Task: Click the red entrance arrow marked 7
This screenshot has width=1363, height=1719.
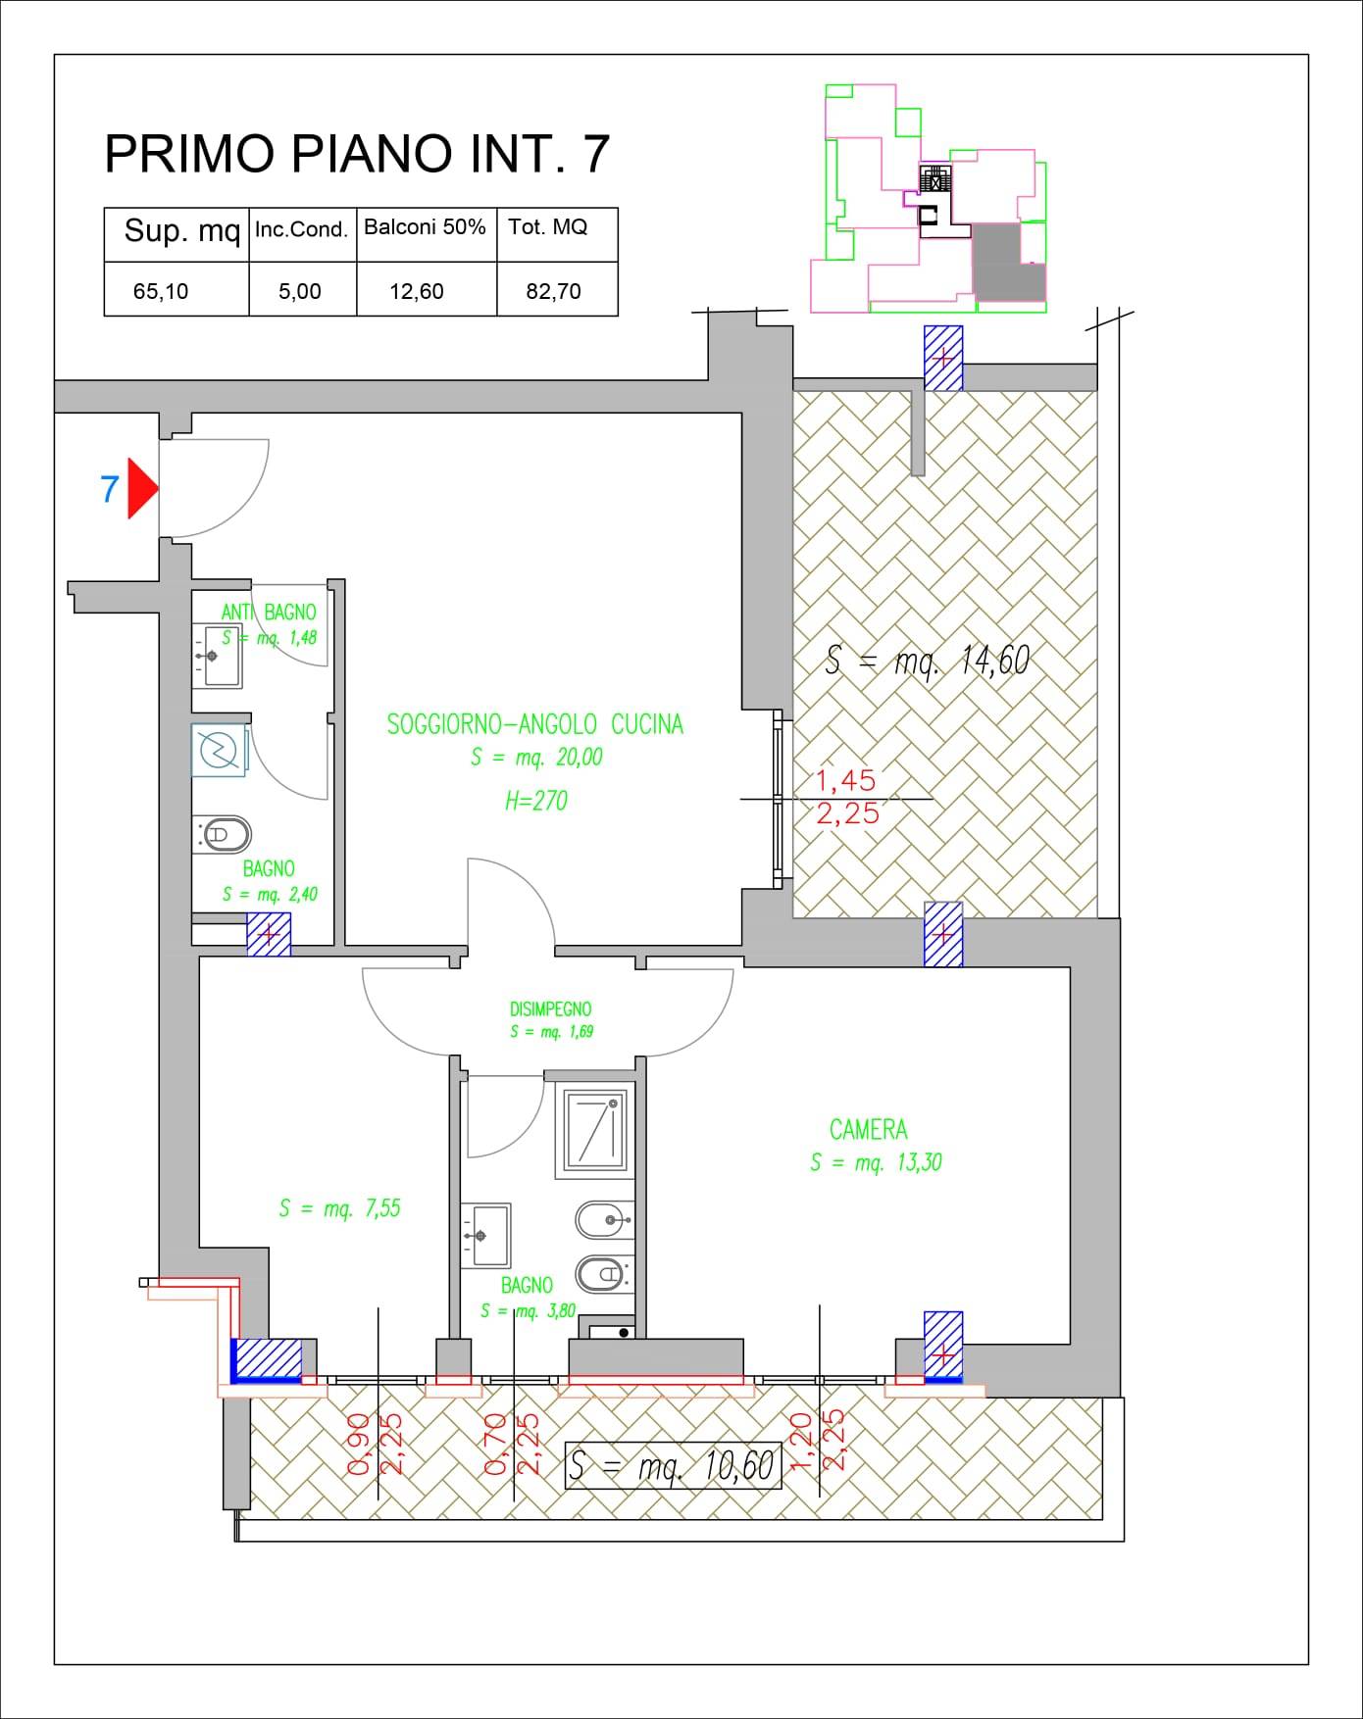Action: [x=141, y=488]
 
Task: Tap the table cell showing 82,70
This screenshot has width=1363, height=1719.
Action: [x=554, y=291]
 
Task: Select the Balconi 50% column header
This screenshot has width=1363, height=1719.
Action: [x=425, y=227]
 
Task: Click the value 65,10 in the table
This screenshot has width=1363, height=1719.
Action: [x=161, y=291]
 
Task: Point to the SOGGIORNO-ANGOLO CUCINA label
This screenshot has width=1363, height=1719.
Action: [x=535, y=724]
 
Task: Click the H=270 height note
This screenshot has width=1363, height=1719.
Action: [x=535, y=801]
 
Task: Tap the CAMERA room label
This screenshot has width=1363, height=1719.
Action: [x=869, y=1130]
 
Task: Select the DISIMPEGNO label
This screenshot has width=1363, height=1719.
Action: [x=550, y=1008]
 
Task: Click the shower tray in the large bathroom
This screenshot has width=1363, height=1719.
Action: [x=594, y=1128]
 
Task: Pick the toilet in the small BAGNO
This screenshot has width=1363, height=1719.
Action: [x=225, y=835]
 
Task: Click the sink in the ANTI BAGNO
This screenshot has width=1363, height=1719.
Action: [x=217, y=656]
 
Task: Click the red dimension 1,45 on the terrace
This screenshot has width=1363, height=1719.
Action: [x=847, y=780]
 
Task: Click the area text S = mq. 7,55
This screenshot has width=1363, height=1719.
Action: [x=339, y=1208]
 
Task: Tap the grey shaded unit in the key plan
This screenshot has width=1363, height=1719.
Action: [x=1006, y=260]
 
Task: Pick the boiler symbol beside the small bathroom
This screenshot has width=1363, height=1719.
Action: [x=220, y=752]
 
